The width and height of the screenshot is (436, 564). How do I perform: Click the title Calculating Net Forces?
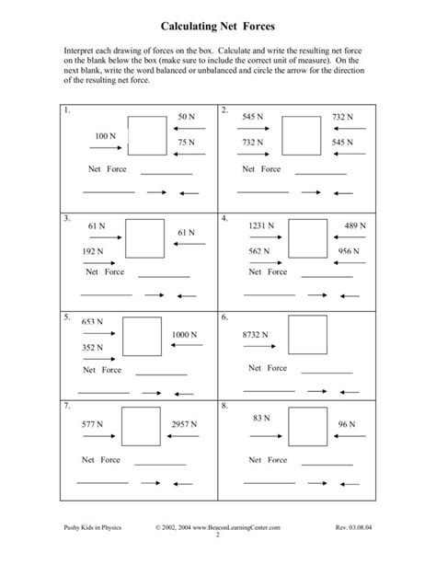(x=218, y=29)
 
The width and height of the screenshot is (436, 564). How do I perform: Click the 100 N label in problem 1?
(x=106, y=135)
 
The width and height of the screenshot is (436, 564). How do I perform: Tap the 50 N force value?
(x=187, y=118)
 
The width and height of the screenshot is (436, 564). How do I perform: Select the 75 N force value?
(x=187, y=142)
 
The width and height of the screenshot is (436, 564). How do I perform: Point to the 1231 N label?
(x=262, y=225)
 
